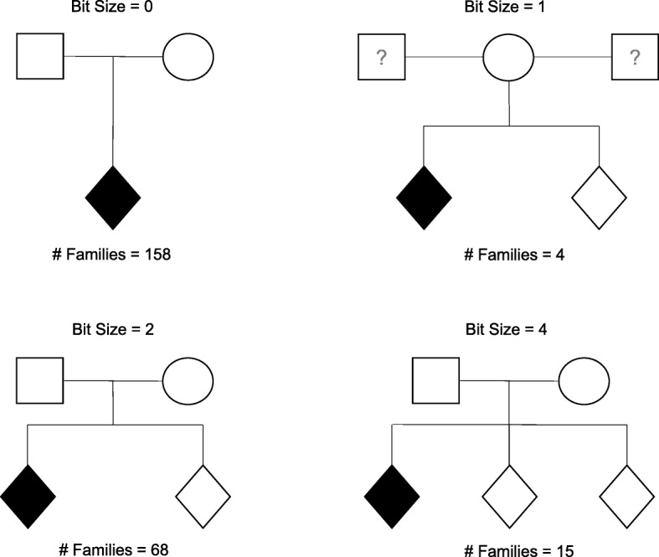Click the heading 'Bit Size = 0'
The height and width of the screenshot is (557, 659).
pos(113,8)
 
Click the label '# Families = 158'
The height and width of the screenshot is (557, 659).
pos(113,254)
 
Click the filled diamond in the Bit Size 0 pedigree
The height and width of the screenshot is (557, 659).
pos(113,198)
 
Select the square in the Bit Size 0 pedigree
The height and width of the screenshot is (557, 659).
pos(41,57)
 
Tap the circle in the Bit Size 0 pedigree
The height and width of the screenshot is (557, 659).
pos(188,57)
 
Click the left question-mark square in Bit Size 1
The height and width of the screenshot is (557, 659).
pos(381,58)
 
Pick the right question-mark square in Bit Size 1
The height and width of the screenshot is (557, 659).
pos(635,58)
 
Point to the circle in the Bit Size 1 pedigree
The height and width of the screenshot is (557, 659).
pos(508,58)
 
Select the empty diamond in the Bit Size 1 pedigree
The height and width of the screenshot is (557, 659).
pos(599,198)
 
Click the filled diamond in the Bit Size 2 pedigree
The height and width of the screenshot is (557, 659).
pos(28,496)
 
